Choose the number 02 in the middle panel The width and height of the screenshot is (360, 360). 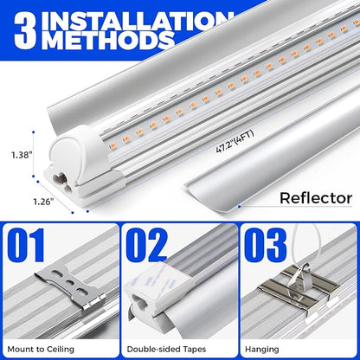pos(147,247)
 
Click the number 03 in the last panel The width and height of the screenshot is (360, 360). pos(266,247)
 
